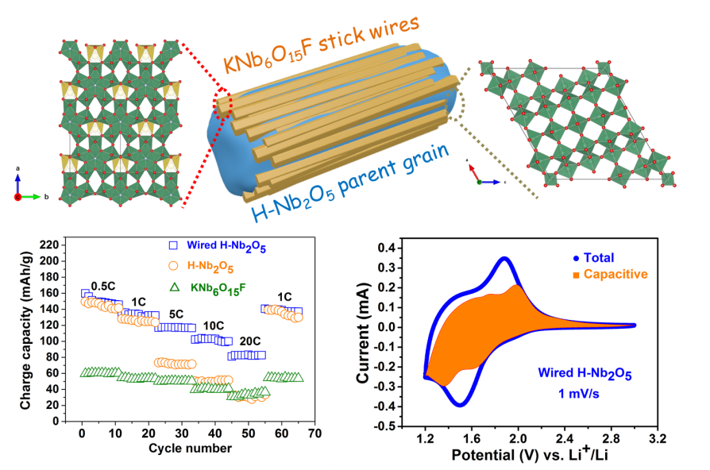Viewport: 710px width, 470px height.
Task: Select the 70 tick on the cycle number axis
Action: tap(314, 434)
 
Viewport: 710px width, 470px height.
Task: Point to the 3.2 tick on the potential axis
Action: tap(657, 438)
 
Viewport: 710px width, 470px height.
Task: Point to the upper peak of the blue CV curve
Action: tap(504, 258)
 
